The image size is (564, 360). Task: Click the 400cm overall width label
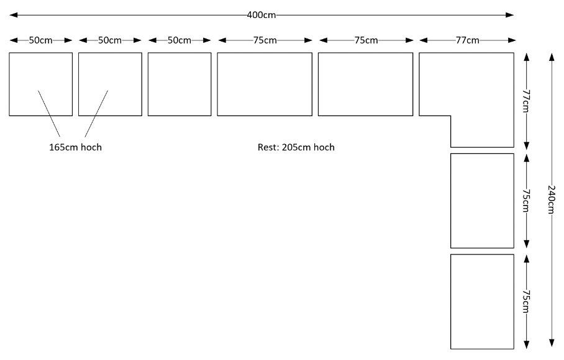tap(262, 15)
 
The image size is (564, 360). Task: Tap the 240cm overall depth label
tap(551, 199)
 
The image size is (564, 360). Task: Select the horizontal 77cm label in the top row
tap(468, 40)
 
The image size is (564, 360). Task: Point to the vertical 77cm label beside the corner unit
tap(526, 101)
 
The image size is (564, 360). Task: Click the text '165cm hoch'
tap(76, 147)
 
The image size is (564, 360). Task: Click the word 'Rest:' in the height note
tap(268, 147)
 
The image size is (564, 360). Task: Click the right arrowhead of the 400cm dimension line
tap(510, 15)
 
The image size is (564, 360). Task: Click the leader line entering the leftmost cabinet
tap(49, 114)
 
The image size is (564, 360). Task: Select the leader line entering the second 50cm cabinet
tap(96, 114)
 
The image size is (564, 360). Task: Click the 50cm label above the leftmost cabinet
tap(40, 40)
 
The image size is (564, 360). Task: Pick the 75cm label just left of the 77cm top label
tap(366, 40)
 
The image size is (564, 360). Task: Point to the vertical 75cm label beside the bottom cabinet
tap(526, 302)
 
